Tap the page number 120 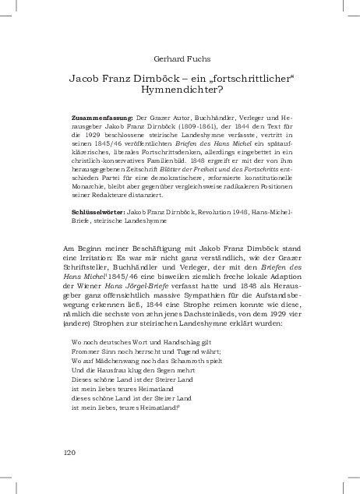tap(69, 453)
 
